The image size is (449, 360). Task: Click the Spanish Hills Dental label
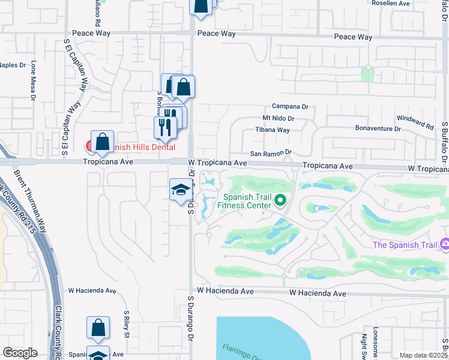(139, 147)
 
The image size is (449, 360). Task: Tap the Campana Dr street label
(289, 107)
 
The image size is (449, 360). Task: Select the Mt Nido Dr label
(278, 119)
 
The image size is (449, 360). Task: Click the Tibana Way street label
(273, 130)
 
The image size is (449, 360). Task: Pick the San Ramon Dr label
(270, 152)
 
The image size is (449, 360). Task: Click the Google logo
(20, 353)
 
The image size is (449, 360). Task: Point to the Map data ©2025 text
(423, 355)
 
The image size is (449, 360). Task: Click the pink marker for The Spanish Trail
(445, 244)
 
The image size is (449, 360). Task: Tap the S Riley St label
(127, 325)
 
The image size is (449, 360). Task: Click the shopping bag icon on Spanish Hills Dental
(103, 142)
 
